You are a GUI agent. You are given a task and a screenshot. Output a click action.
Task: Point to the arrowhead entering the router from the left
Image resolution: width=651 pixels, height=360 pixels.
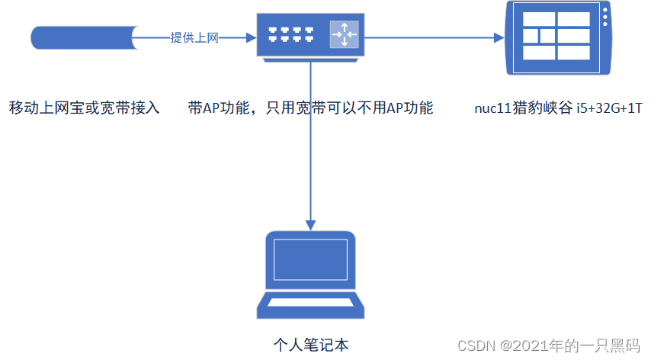(x=249, y=37)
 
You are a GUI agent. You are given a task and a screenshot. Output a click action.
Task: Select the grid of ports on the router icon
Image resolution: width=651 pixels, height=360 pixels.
(x=290, y=34)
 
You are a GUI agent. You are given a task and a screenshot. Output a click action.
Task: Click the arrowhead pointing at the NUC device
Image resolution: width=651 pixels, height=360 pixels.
(x=499, y=37)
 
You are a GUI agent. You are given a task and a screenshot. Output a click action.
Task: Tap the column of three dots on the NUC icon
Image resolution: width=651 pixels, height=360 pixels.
(x=605, y=18)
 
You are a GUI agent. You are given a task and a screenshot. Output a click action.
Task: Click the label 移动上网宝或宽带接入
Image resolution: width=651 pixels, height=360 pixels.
(x=84, y=108)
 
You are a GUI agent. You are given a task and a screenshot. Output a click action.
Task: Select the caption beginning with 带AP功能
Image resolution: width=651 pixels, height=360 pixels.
(x=310, y=108)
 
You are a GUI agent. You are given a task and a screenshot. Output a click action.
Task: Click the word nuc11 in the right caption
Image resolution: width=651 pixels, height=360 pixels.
(x=489, y=108)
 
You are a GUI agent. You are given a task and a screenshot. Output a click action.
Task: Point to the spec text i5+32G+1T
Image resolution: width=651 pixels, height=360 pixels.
(x=609, y=108)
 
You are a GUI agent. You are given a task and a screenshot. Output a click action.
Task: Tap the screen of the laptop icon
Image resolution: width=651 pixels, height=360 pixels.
(x=310, y=260)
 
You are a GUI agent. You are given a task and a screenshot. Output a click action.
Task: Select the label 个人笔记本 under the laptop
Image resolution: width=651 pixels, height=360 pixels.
(x=310, y=345)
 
